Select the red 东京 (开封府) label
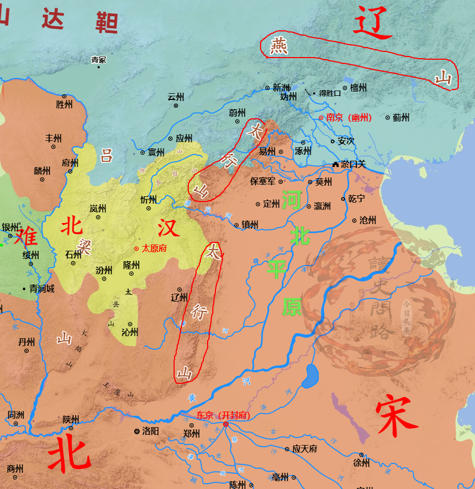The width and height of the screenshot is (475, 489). point(223,415)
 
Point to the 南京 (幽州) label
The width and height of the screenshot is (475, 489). point(349,118)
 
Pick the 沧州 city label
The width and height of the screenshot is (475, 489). point(368,220)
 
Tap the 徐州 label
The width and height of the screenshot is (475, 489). point(361,463)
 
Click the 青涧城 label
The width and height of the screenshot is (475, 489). point(41,288)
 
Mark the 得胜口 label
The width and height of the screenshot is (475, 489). point(330,93)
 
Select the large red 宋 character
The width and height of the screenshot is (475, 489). point(396,417)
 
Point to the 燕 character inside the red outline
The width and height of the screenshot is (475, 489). point(279,47)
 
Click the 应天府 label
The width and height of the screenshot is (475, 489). point(305,449)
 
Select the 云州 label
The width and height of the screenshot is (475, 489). point(176,97)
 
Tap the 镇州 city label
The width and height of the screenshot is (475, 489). point(250,225)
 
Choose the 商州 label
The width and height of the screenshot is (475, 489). point(15,468)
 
